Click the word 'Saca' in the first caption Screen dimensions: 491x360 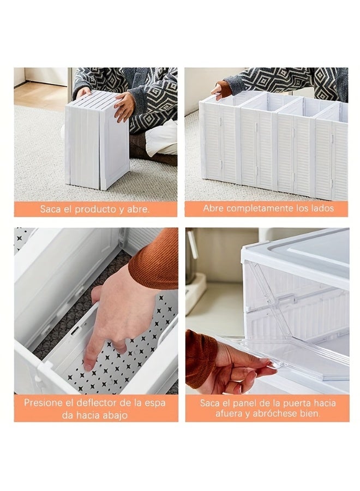[x=50, y=209]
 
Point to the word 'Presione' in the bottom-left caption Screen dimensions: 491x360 [x=43, y=404]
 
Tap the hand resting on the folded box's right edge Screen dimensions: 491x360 [x=124, y=106]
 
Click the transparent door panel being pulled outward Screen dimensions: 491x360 [x=305, y=355]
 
